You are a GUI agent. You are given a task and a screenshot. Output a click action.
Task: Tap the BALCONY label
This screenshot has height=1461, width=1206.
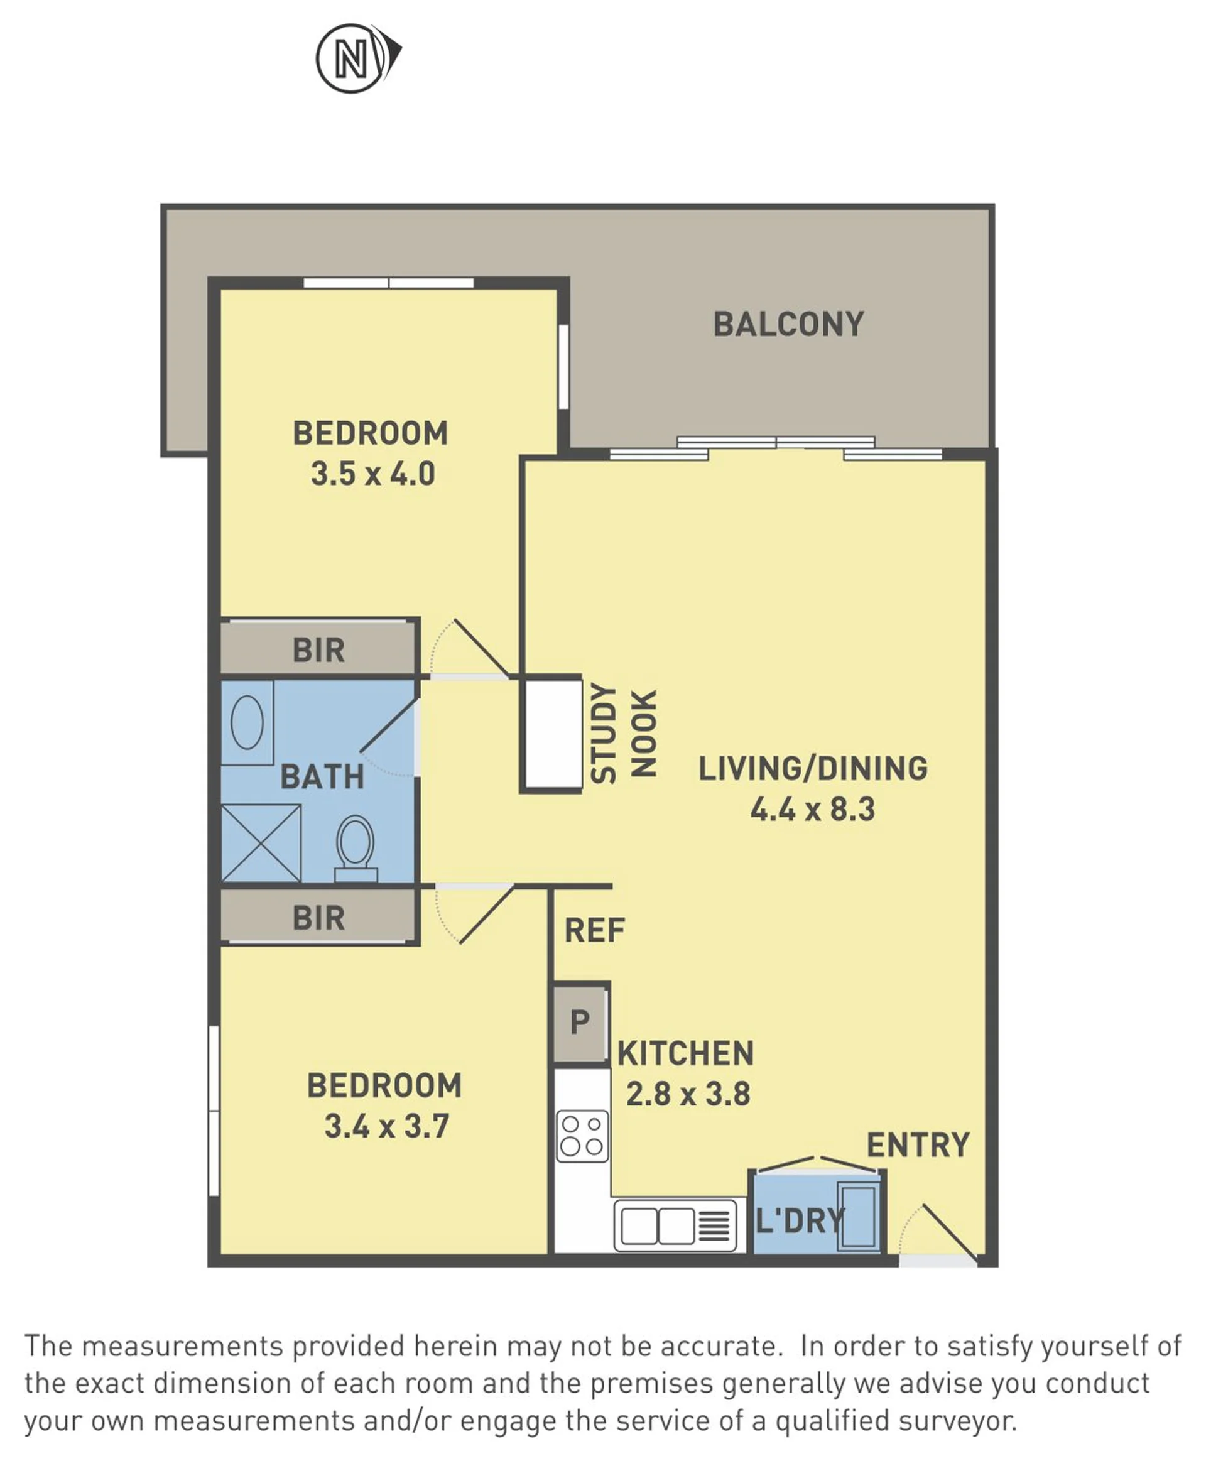788,325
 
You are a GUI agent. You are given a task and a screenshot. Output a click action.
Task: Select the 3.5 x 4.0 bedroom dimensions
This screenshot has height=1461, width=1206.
372,474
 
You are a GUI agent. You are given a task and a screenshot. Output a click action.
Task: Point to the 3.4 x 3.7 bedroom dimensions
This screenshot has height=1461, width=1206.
386,1126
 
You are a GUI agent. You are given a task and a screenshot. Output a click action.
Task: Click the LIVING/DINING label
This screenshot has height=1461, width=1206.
813,768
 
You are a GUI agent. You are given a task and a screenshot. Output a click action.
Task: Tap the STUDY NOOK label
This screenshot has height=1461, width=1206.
623,734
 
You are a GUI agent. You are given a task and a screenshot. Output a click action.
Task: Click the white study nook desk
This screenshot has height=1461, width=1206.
553,734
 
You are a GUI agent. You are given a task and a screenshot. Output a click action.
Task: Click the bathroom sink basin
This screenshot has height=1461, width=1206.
247,722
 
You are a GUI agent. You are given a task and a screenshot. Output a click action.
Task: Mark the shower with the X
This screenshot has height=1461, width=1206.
261,843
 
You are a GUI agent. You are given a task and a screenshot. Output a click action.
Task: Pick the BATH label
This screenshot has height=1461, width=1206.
322,777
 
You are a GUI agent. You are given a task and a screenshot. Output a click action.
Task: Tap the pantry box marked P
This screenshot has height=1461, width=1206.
581,1023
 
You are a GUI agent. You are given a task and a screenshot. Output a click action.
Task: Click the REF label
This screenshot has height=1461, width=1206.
595,930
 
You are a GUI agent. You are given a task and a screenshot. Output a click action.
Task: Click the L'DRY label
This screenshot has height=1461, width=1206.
800,1220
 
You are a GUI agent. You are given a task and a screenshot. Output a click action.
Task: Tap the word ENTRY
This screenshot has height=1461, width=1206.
918,1146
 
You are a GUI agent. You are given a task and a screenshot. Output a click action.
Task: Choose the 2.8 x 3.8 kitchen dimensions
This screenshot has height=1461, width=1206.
688,1094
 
